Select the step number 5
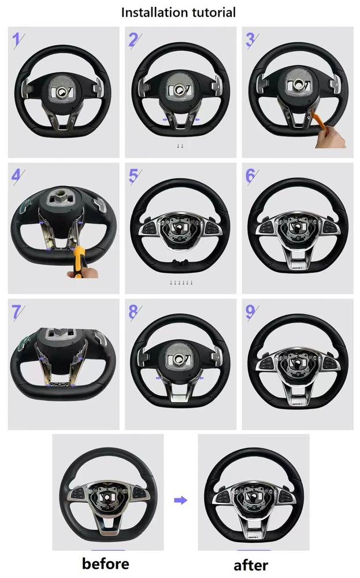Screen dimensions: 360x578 (x=133, y=176)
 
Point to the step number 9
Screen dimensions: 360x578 (x=251, y=312)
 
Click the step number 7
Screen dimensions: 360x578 (x=16, y=312)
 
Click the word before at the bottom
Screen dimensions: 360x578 (x=105, y=563)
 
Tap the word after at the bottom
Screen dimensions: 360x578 (x=251, y=564)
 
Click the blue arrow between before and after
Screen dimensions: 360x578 (x=180, y=500)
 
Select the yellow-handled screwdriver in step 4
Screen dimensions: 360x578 (x=79, y=262)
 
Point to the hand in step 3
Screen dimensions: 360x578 (x=331, y=139)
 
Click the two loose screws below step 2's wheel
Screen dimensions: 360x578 (x=180, y=146)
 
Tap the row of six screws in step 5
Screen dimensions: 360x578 (x=181, y=283)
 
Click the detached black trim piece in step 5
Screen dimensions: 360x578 (x=180, y=262)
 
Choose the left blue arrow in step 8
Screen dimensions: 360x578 (x=159, y=378)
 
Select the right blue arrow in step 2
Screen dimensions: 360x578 (x=196, y=120)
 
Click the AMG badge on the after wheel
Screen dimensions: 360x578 (x=253, y=538)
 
